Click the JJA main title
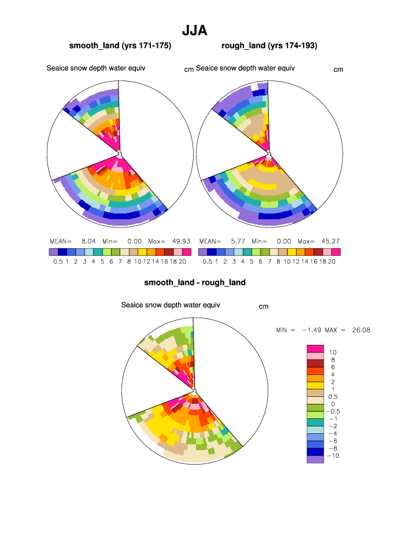(194, 30)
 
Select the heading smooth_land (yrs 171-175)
(120, 45)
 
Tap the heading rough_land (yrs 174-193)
(269, 45)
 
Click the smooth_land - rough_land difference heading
(195, 282)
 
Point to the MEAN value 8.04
(88, 241)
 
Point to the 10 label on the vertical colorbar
(333, 352)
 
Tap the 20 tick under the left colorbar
(182, 262)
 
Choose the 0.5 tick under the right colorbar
(207, 262)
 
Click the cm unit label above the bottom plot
(264, 306)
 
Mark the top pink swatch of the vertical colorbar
(315, 348)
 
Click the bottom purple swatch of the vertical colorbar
(315, 459)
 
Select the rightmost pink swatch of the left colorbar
(186, 252)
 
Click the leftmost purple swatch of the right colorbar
(202, 252)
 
